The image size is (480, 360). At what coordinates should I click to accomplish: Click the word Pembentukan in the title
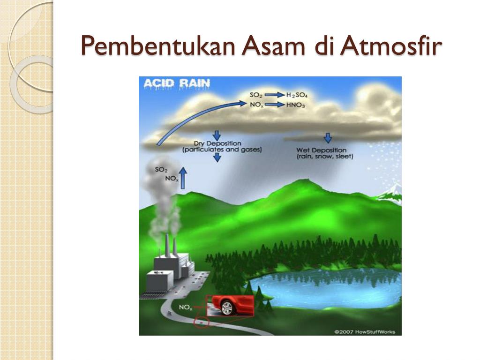click(x=158, y=46)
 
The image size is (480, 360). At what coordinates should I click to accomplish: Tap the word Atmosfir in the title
click(x=391, y=45)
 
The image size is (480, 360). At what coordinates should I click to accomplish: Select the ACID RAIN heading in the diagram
click(x=177, y=83)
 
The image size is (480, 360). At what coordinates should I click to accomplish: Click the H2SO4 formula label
click(x=297, y=95)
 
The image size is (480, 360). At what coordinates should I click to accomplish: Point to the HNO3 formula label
click(x=295, y=105)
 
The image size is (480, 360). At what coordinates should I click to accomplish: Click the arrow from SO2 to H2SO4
click(x=275, y=95)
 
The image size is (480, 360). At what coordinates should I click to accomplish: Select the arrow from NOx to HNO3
click(x=275, y=105)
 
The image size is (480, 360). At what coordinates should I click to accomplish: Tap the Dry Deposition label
click(x=217, y=143)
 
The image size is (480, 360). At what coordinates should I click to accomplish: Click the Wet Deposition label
click(x=321, y=150)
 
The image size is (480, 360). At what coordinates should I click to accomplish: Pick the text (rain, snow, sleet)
click(x=325, y=157)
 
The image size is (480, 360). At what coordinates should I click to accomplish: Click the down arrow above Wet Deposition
click(x=328, y=138)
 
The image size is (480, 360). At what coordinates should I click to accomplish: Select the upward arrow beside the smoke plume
click(x=183, y=178)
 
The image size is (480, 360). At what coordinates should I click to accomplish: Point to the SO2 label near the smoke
click(x=161, y=170)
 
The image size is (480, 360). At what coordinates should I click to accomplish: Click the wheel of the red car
click(x=227, y=307)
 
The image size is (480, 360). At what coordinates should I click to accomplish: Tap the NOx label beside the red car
click(x=186, y=307)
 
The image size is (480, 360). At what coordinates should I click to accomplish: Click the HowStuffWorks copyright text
click(x=365, y=332)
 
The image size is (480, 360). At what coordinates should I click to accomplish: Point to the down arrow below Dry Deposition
click(x=217, y=157)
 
